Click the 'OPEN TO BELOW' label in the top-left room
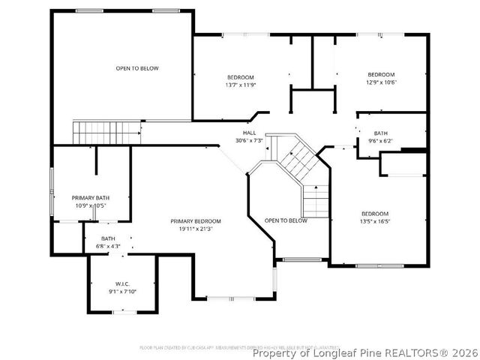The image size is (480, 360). pos(137,68)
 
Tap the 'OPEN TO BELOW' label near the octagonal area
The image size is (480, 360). pos(286,220)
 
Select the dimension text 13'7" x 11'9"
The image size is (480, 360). pos(241,85)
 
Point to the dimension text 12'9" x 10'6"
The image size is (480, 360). pos(381,82)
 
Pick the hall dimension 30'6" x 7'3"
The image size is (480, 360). pos(250,140)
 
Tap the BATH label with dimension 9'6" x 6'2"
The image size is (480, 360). pos(381,133)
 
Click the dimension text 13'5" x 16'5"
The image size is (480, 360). pos(375,221)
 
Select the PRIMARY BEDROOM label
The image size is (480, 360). pos(196,221)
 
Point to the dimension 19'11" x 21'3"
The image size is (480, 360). pos(196,229)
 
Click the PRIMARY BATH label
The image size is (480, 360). pos(91,197)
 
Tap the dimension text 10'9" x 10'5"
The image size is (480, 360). pos(91,205)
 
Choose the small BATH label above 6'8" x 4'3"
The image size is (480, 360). pos(109,238)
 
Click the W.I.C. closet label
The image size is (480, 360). pos(123,284)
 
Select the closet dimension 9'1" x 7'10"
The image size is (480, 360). pos(123,292)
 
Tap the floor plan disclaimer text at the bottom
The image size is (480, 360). pos(238,347)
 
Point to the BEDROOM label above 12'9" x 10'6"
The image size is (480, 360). pos(381,74)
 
